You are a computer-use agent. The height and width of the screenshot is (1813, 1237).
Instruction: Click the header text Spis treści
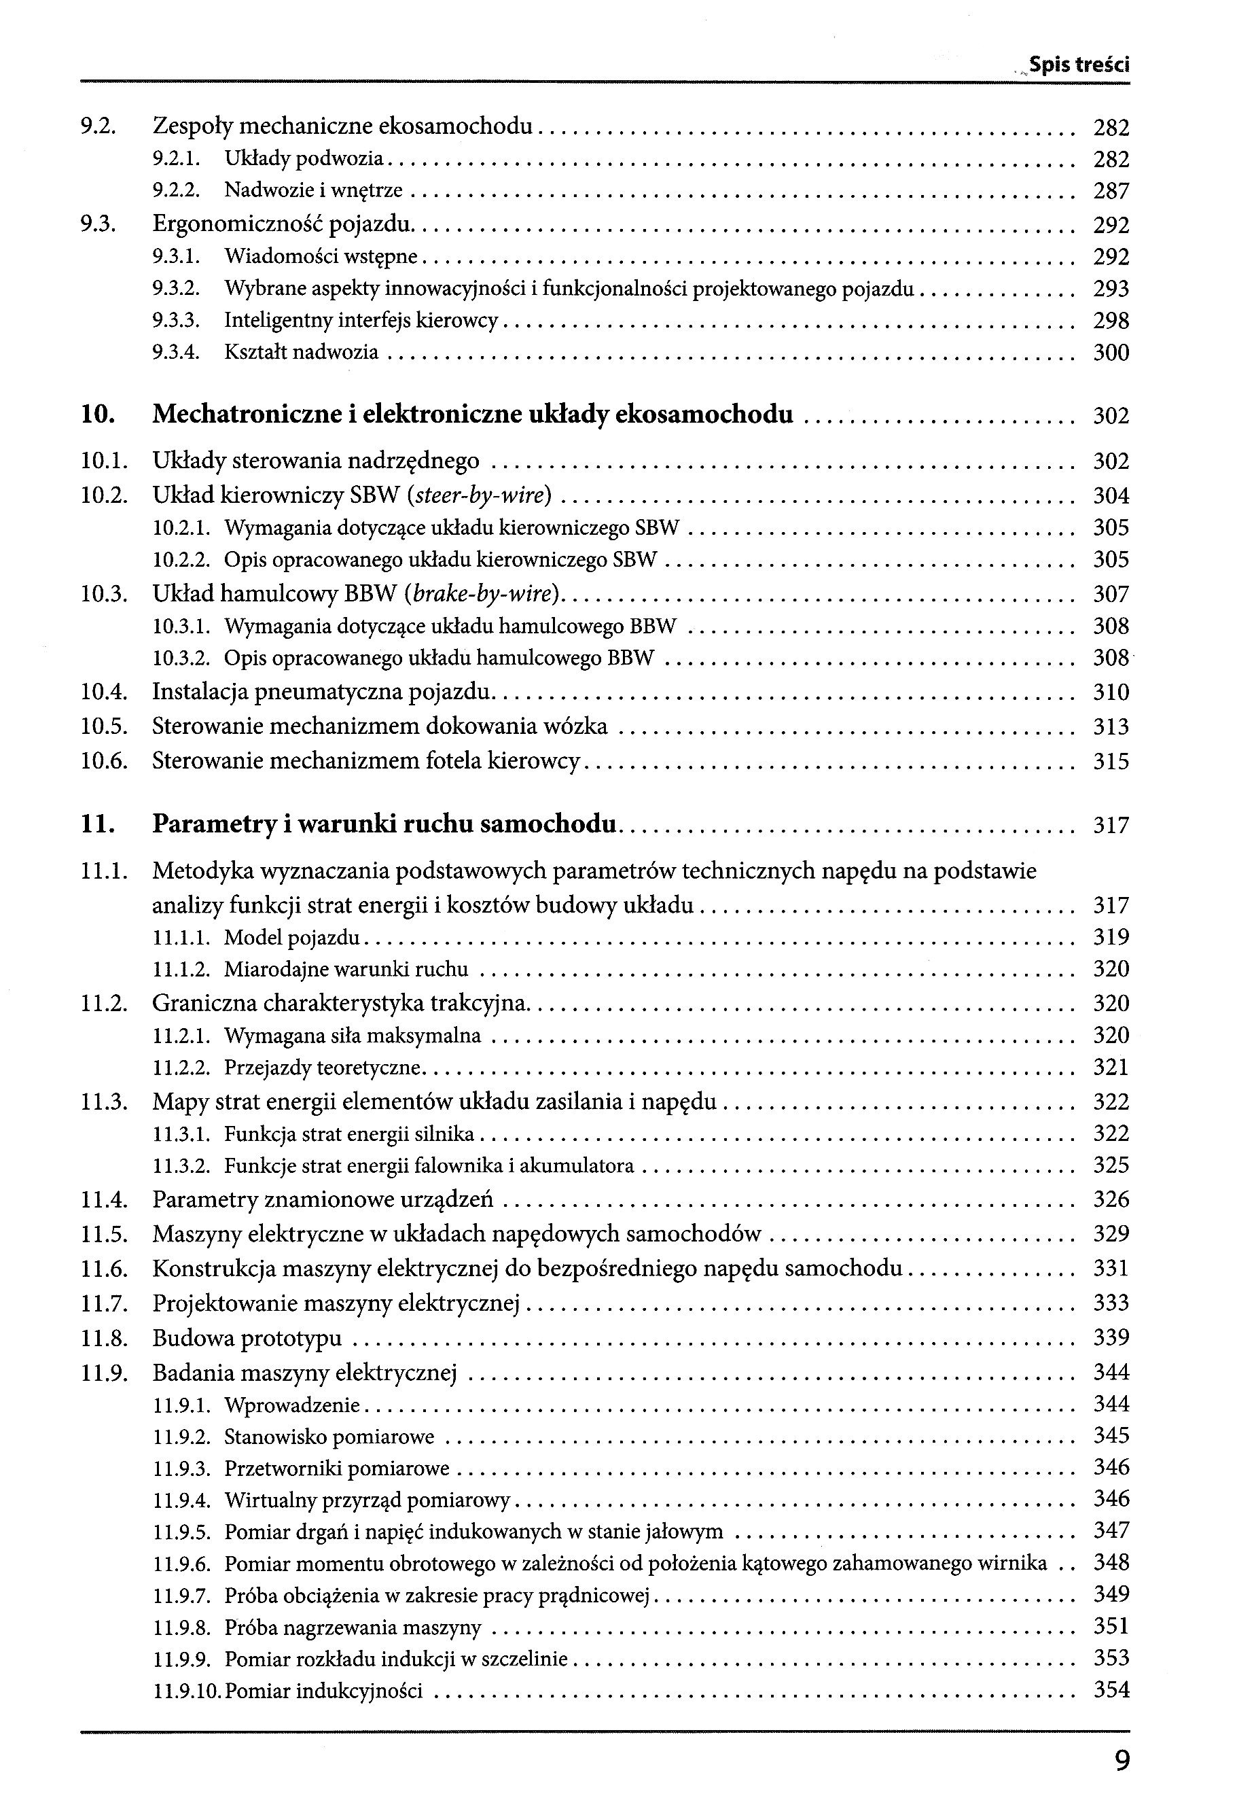click(x=1079, y=65)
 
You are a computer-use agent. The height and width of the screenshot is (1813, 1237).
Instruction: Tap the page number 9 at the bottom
click(x=1122, y=1760)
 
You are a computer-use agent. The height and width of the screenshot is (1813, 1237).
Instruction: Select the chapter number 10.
click(x=98, y=415)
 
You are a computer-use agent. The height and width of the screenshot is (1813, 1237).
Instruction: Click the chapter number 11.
click(x=98, y=824)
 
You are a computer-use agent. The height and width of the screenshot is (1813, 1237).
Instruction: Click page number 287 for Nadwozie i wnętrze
click(x=1111, y=191)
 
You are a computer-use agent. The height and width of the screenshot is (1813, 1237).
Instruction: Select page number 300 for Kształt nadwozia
click(x=1111, y=353)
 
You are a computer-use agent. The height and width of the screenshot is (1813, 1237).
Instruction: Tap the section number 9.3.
click(x=98, y=226)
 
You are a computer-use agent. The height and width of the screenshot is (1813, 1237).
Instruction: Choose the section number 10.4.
click(x=104, y=692)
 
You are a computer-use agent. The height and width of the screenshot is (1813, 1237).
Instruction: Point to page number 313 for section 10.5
click(x=1111, y=727)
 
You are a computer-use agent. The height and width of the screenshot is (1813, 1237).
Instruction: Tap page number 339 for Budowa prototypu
click(x=1111, y=1339)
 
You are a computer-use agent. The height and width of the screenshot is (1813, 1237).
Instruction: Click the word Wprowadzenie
click(x=291, y=1406)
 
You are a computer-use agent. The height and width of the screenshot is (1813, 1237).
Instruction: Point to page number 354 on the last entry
click(x=1111, y=1691)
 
